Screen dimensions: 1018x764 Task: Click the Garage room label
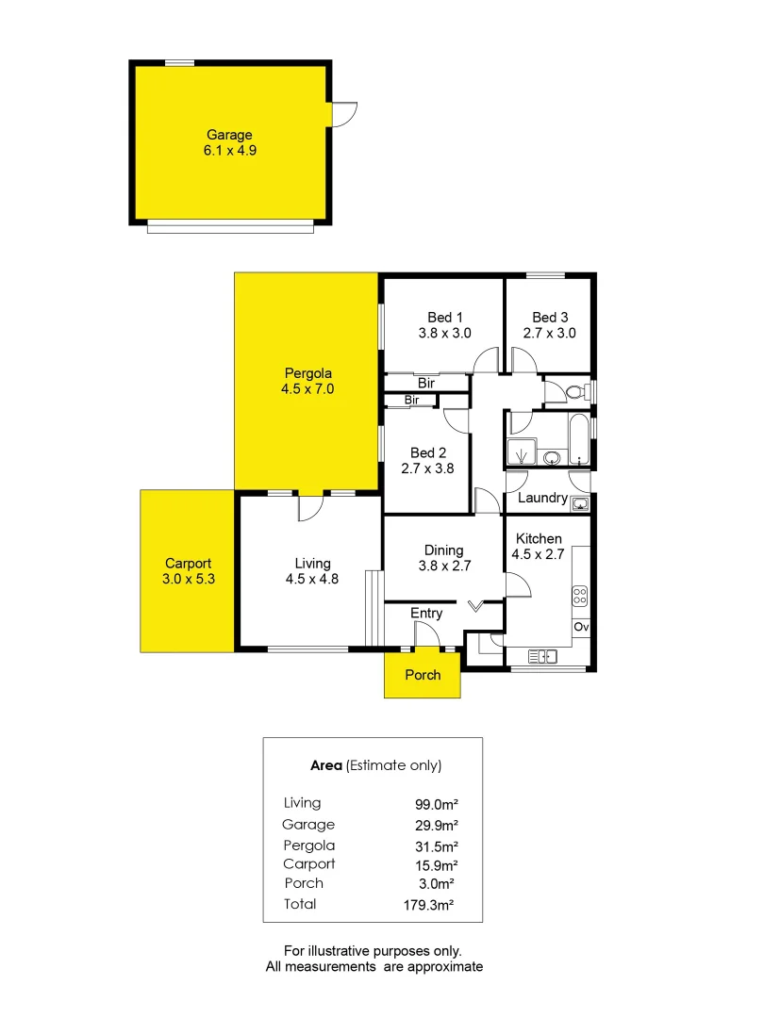229,135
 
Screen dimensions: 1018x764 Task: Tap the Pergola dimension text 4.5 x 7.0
307,388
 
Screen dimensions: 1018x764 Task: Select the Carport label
188,564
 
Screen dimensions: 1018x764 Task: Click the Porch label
423,675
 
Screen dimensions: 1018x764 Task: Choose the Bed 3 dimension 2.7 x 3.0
550,333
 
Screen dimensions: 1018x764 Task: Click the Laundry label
542,498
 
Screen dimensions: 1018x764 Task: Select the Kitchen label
539,537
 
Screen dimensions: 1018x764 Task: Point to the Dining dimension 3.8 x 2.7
444,566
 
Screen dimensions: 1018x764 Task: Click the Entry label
426,614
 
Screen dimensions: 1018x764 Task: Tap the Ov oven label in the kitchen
580,627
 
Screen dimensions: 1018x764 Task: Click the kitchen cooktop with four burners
580,596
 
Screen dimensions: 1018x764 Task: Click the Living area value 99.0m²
437,804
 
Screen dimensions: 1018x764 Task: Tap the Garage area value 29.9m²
437,825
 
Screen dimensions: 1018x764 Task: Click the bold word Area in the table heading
326,765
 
